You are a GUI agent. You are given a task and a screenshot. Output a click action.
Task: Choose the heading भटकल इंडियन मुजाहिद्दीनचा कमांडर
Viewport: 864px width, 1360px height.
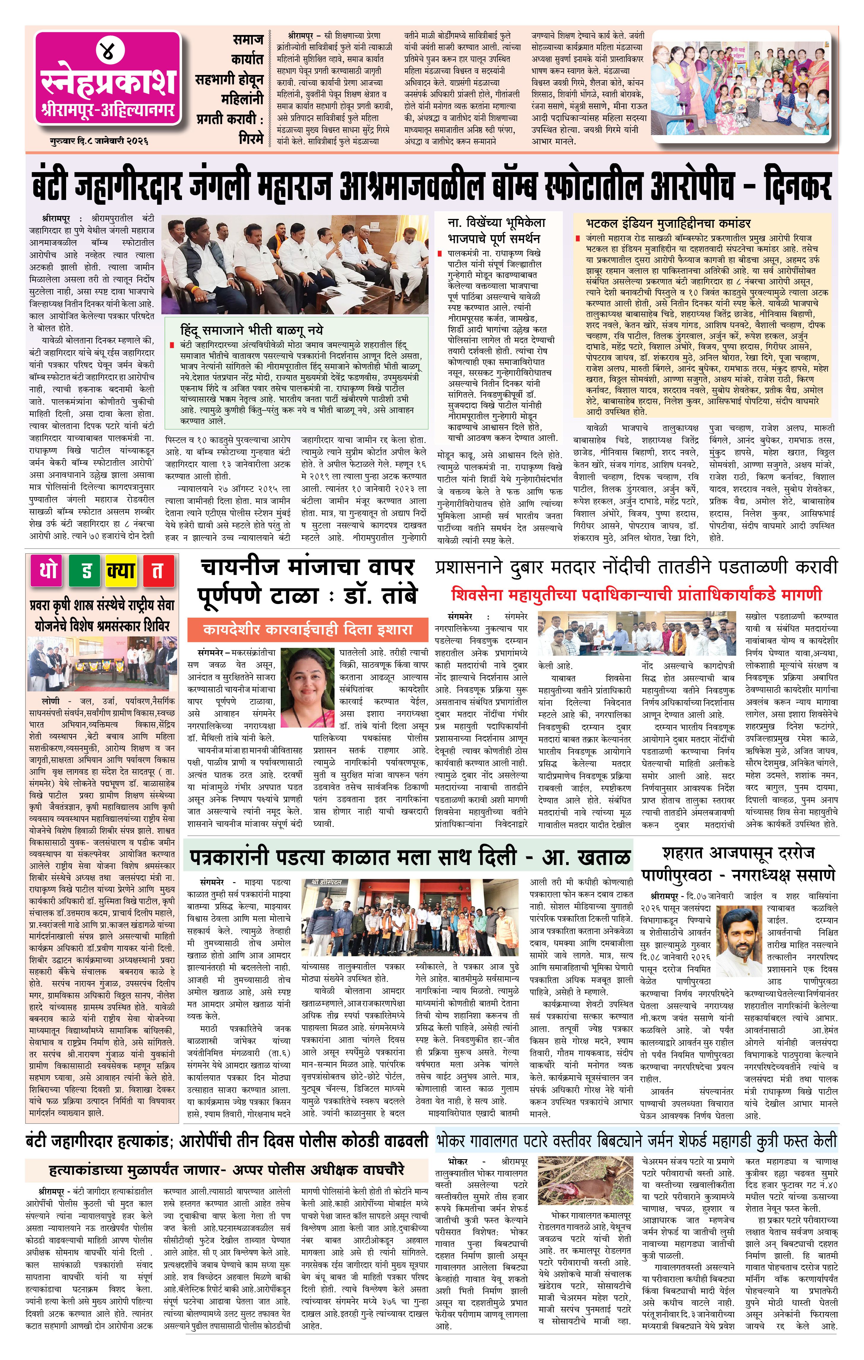[x=668, y=223]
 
